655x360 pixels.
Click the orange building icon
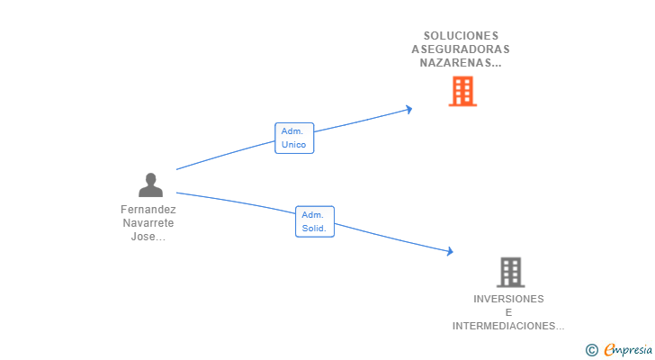[462, 91]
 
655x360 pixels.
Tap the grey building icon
[510, 273]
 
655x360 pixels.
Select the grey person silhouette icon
[150, 184]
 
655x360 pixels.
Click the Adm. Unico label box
[294, 138]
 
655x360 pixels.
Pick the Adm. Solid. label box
[315, 221]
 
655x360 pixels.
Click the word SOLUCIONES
[462, 36]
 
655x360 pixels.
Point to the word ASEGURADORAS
[461, 49]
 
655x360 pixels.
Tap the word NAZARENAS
[456, 63]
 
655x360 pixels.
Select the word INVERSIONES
[508, 299]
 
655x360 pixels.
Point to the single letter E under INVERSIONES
[508, 312]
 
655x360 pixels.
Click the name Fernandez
[148, 209]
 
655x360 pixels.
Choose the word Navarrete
[148, 223]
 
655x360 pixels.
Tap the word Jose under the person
[143, 237]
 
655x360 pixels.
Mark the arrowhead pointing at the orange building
[408, 110]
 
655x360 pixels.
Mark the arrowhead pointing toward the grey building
[450, 251]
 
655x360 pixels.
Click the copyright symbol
[591, 350]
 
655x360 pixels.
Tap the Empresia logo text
[628, 350]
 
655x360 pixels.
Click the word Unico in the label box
[293, 145]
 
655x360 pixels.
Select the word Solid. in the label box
[314, 228]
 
